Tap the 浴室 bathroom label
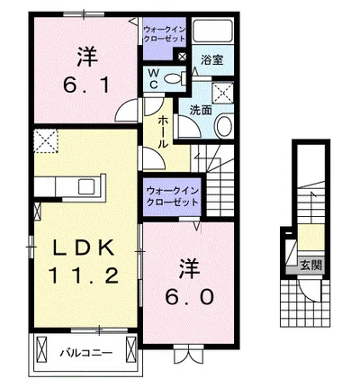(212, 61)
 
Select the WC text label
(153, 78)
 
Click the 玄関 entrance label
(311, 267)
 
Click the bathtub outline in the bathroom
(213, 34)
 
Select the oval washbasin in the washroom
(225, 125)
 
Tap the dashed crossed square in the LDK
(45, 141)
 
